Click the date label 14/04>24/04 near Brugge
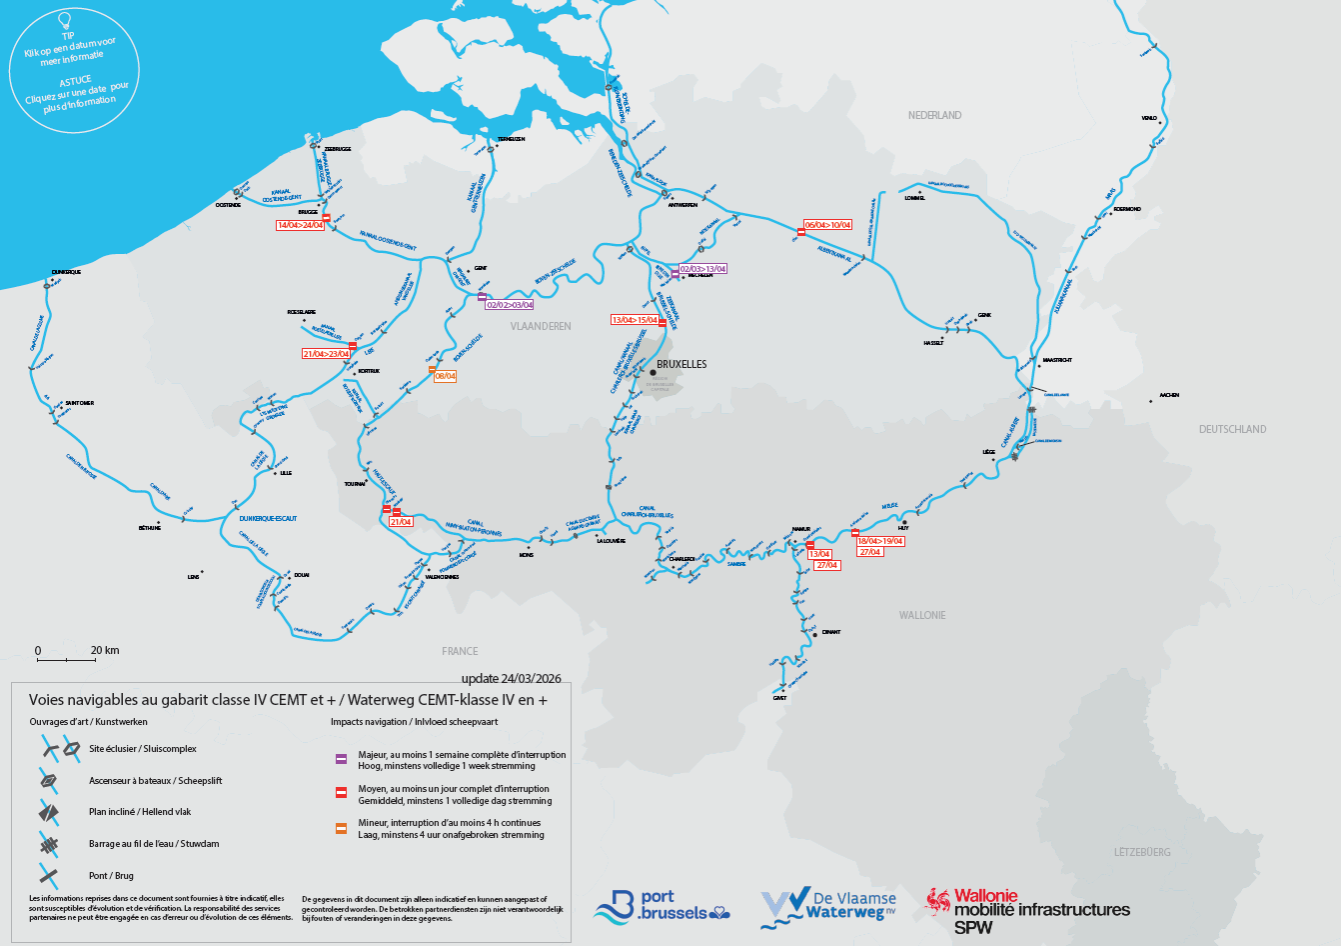coord(301,225)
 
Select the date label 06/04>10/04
coord(828,225)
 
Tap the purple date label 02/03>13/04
coord(703,269)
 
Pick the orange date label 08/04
coord(445,376)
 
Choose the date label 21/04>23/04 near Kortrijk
coord(326,354)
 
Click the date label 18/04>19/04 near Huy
coord(880,541)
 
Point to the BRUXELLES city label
coord(681,365)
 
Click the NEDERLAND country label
coord(934,116)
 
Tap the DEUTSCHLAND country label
coord(1232,429)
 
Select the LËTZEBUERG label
coord(1142,852)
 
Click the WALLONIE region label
coord(921,615)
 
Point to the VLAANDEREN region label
coord(541,326)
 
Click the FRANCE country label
coord(460,651)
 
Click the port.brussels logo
coord(661,906)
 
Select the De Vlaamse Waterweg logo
coord(828,907)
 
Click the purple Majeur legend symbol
coord(341,759)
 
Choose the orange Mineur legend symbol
coord(341,827)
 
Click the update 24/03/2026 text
coord(511,678)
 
